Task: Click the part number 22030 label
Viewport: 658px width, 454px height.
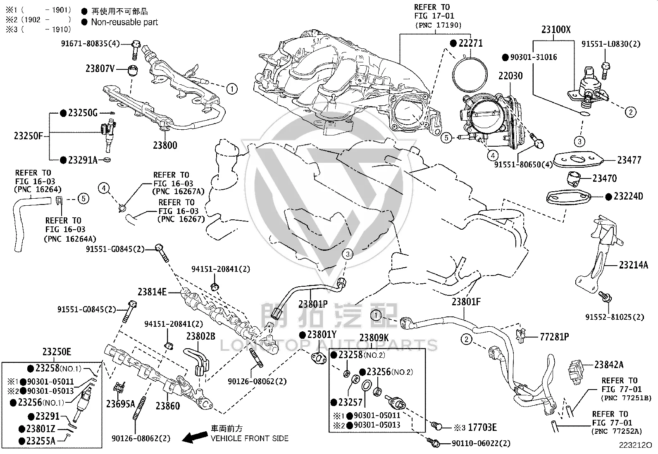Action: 510,76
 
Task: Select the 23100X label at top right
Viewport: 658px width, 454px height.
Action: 556,30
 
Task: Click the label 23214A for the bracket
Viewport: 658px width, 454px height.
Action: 633,265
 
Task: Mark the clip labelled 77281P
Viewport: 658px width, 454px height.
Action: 520,335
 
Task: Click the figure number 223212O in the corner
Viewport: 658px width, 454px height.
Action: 635,445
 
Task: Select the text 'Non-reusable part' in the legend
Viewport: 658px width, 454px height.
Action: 124,22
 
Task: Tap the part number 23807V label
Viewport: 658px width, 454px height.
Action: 100,69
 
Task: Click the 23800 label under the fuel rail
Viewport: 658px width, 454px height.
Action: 165,145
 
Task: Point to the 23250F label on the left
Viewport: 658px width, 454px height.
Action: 29,135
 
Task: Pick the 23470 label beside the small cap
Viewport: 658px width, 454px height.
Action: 605,178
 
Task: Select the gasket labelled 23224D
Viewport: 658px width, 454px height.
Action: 568,197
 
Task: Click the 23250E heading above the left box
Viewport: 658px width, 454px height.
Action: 57,352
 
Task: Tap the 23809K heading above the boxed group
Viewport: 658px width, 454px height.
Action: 374,338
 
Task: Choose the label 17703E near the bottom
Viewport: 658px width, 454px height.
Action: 482,427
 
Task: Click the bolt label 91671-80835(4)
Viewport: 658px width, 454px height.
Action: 91,44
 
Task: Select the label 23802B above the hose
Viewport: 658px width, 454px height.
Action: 200,336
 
